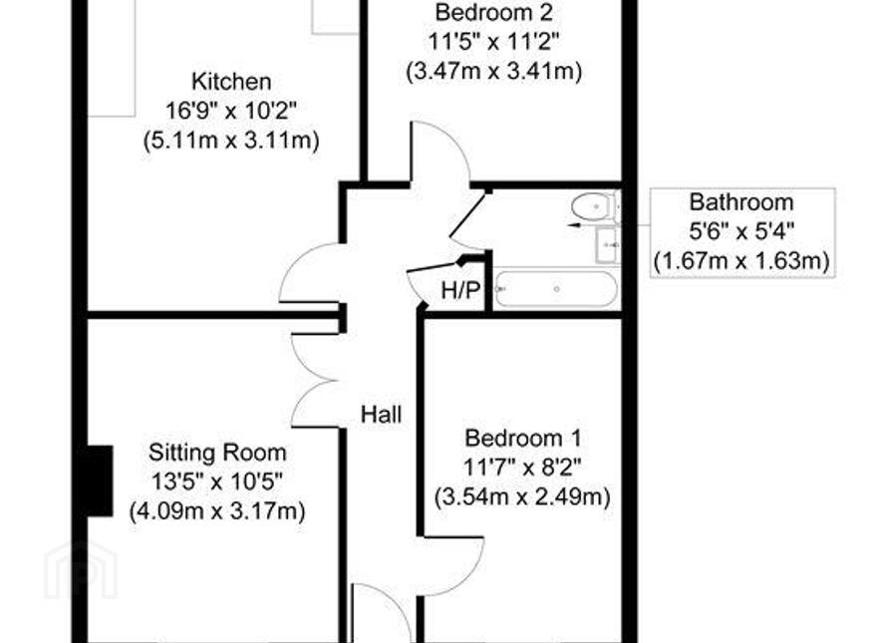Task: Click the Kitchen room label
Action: (231, 82)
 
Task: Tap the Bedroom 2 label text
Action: (494, 12)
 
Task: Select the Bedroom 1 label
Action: (523, 438)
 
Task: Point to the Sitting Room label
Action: (217, 453)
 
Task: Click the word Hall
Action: (382, 415)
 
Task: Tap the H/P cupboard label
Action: (460, 290)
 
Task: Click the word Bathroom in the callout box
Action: (741, 202)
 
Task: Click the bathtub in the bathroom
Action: (556, 289)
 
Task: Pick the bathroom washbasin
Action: (607, 244)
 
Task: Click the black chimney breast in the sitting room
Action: (100, 481)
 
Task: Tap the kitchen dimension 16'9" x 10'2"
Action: (230, 111)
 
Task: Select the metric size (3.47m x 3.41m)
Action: (494, 72)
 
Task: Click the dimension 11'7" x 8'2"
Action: (522, 468)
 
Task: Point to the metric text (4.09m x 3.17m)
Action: (217, 511)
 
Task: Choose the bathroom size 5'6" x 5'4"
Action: (741, 231)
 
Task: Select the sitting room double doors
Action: (315, 381)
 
